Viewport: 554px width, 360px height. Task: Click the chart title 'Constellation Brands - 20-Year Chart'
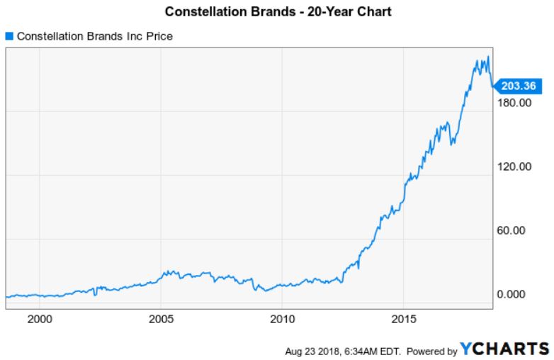point(278,12)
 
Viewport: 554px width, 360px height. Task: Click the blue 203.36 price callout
point(516,86)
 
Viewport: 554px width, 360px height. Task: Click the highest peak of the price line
point(487,57)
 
